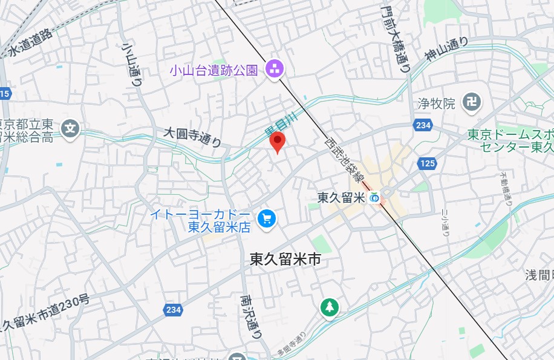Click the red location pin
(x=277, y=142)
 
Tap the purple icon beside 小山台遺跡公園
(x=275, y=69)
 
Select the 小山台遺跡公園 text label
(x=213, y=70)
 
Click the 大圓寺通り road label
(x=193, y=137)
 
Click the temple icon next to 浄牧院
(x=471, y=103)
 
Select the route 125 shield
(x=427, y=163)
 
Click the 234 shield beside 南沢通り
(x=172, y=310)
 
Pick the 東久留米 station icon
(x=376, y=197)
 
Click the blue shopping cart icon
(x=266, y=219)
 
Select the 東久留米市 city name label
(x=285, y=260)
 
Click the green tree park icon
(x=329, y=307)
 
